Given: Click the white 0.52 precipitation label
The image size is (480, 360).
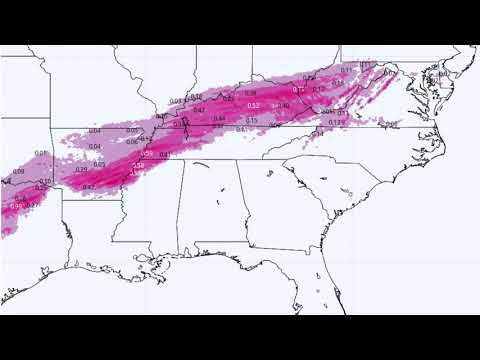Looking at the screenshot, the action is tap(253, 105).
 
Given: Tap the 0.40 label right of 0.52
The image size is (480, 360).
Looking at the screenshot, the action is tap(283, 105).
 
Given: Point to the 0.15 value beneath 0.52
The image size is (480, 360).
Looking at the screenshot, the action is tap(251, 120).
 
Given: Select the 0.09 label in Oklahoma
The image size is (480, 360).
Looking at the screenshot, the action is tap(17, 171).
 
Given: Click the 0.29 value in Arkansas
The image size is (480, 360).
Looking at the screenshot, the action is tap(83, 170).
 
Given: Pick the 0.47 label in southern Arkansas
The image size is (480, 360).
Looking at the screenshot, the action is tap(88, 187).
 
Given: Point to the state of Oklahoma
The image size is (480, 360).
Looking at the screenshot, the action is tap(20, 150).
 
